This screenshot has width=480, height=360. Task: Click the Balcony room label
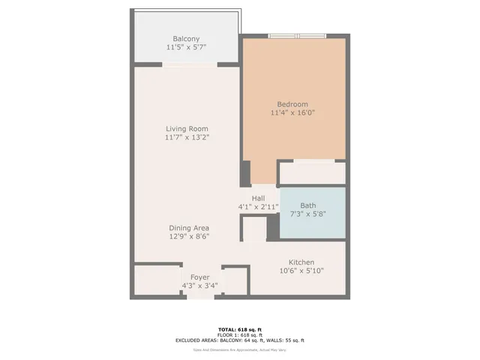point(186,38)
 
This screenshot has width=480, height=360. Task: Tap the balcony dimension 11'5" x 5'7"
point(186,47)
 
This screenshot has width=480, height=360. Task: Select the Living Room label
point(187,128)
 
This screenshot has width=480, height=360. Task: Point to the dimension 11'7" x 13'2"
point(187,137)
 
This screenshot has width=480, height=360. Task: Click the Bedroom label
point(292,104)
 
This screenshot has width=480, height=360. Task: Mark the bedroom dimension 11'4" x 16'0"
point(292,113)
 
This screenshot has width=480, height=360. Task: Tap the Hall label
point(258,198)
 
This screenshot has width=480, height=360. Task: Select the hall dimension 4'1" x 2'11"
point(258,207)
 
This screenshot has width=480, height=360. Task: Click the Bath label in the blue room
point(307,205)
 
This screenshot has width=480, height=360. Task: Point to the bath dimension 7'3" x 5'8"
point(307,214)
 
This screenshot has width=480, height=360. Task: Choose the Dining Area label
point(187,228)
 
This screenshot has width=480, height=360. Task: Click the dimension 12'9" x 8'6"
point(187,237)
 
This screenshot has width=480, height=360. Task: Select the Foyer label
point(199,277)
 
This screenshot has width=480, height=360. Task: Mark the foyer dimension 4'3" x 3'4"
point(199,286)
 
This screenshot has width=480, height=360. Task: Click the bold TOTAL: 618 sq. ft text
point(240,329)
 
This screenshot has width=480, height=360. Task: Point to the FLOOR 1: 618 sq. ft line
point(240,334)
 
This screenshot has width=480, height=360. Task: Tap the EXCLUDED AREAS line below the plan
point(240,340)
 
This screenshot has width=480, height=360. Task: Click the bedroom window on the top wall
point(298,35)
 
